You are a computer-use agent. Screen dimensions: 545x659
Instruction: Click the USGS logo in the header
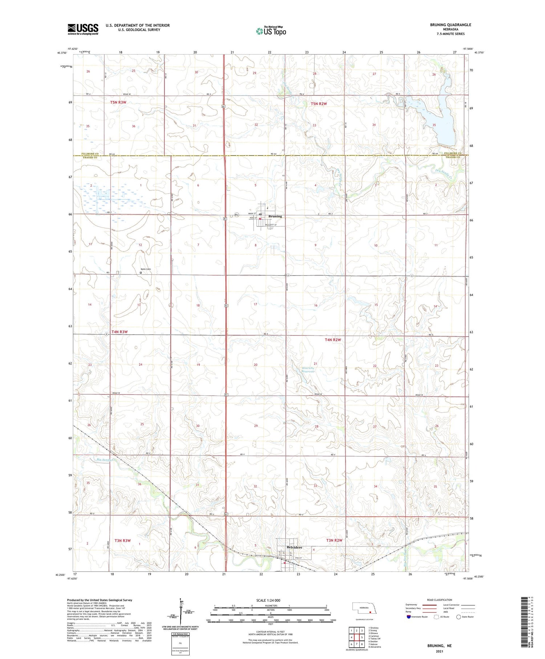pyautogui.click(x=83, y=29)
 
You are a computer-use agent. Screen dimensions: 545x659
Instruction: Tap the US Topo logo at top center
pyautogui.click(x=271, y=31)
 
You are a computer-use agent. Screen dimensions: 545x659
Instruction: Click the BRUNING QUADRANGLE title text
pyautogui.click(x=450, y=25)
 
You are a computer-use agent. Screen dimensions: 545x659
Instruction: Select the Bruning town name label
pyautogui.click(x=275, y=216)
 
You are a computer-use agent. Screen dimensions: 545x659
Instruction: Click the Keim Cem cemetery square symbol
pyautogui.click(x=141, y=273)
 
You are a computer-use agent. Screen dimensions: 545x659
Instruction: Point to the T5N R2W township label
pyautogui.click(x=319, y=104)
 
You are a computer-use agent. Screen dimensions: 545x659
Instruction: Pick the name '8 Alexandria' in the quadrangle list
pyautogui.click(x=375, y=647)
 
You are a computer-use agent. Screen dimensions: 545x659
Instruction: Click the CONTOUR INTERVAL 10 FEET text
pyautogui.click(x=270, y=632)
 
